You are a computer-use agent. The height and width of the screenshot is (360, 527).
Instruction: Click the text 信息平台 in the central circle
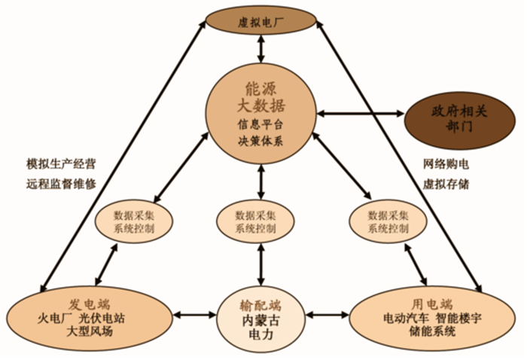[260, 124]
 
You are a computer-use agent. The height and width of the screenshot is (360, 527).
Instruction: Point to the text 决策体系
[260, 140]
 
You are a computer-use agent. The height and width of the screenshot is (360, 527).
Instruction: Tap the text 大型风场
[90, 331]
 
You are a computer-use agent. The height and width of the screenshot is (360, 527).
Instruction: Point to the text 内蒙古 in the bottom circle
[260, 319]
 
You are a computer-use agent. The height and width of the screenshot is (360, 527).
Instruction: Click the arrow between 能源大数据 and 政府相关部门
[361, 113]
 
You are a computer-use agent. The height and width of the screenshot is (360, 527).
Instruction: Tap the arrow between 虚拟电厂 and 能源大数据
[260, 47]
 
